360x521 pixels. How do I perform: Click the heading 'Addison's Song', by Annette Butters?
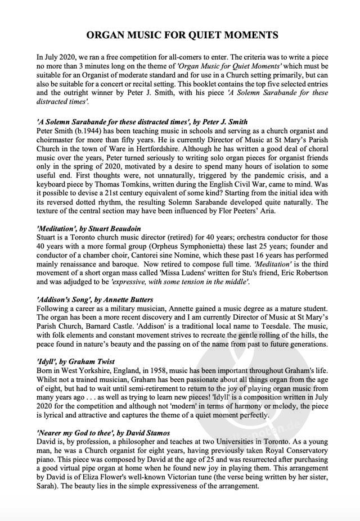[x=94, y=300]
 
